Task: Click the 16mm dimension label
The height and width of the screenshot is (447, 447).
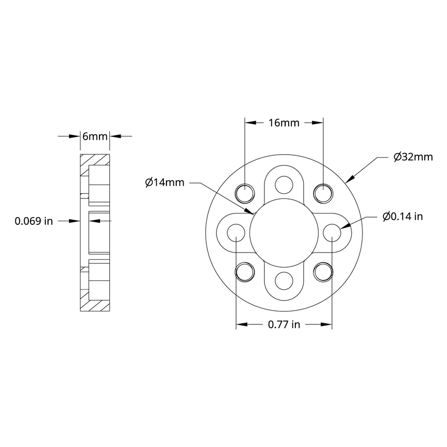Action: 284,123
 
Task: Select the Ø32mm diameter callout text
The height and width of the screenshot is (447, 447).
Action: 412,157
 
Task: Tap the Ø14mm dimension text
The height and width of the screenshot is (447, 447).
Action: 164,182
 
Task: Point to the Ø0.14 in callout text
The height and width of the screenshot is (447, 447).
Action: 403,217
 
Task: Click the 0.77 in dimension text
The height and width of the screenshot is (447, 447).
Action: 284,325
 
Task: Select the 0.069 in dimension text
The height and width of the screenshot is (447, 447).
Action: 34,221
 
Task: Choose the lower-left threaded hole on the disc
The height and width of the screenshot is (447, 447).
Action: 245,271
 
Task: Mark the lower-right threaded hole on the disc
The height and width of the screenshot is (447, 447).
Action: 323,271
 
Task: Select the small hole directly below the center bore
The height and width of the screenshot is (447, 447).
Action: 284,281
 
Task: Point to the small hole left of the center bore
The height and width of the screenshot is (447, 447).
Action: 236,232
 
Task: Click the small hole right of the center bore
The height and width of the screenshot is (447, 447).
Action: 332,232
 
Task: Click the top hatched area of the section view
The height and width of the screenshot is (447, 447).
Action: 95,160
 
